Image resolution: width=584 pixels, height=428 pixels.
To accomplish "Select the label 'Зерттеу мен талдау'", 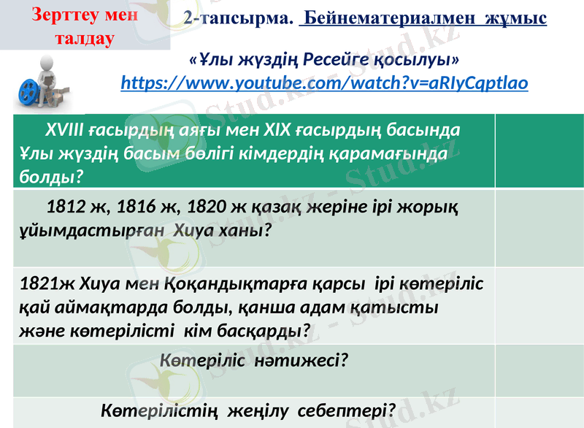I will [x=72, y=26].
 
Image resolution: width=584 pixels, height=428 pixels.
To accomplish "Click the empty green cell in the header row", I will [x=539, y=151].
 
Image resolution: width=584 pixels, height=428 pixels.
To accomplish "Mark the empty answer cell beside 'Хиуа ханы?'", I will [x=539, y=228].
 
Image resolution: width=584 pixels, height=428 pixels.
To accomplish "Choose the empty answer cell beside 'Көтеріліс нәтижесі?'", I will [x=539, y=370].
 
